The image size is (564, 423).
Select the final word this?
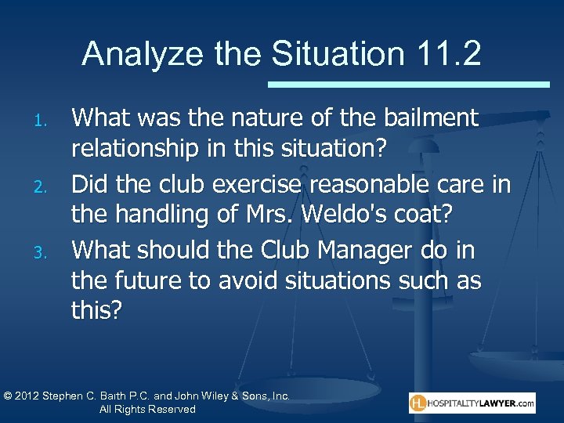(x=97, y=310)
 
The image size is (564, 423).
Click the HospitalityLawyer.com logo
(x=472, y=403)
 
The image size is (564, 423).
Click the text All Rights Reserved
(x=148, y=410)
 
